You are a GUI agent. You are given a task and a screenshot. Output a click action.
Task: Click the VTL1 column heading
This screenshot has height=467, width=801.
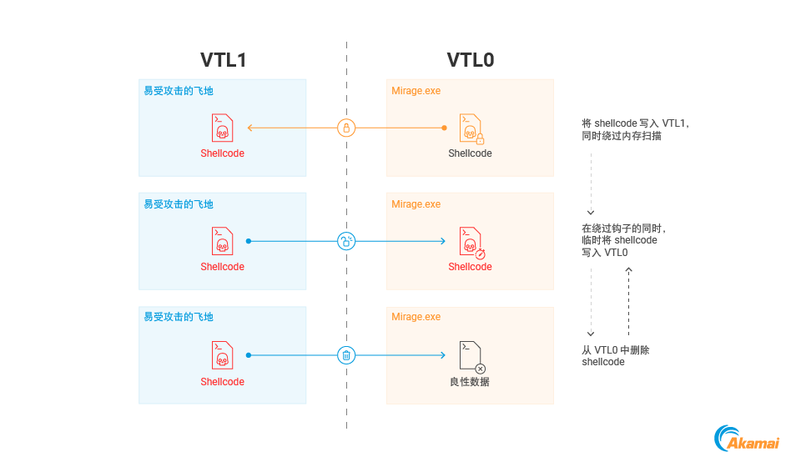coord(223,60)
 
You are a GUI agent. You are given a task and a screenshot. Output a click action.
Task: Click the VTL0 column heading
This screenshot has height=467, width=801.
coord(471,60)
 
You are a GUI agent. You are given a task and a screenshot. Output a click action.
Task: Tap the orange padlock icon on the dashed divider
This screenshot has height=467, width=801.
coord(346,128)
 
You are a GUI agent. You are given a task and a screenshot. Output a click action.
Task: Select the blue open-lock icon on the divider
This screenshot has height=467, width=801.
coord(346,241)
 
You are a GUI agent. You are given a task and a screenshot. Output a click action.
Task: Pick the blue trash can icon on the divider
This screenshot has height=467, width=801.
coord(346,355)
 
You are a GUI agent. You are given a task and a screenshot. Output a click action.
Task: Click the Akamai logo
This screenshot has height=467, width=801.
coord(747,439)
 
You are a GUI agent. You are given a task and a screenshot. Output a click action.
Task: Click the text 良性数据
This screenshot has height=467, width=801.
coord(470,382)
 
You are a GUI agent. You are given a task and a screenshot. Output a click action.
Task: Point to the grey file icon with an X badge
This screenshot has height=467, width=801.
coord(471,356)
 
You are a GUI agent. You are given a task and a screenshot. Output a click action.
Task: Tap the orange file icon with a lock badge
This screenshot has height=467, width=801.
coord(471,128)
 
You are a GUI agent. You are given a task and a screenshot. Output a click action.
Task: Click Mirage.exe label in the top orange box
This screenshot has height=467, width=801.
coord(416,91)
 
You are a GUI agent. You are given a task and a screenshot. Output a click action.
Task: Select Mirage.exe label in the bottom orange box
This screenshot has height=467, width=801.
coord(416,317)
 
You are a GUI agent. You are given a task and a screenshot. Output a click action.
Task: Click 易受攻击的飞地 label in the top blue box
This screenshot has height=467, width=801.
coord(179,91)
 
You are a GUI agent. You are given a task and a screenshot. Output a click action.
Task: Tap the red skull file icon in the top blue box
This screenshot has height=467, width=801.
coord(222,128)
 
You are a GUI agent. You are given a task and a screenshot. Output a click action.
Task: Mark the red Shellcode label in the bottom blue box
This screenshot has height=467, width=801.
coord(222,382)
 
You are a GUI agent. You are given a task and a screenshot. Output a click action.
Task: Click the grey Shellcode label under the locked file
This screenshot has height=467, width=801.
coord(470,153)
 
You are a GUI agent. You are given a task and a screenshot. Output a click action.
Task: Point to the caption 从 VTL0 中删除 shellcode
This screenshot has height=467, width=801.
coord(615,356)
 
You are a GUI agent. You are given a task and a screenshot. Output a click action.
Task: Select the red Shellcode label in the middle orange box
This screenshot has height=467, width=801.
coord(470,267)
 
